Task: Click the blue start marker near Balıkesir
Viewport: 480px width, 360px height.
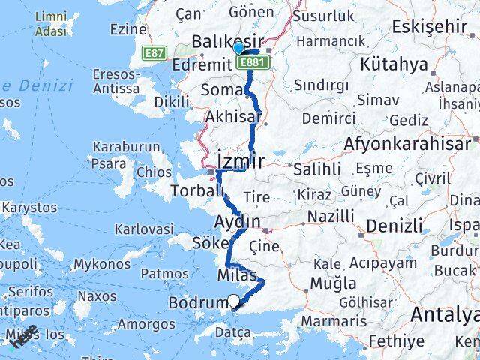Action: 238,49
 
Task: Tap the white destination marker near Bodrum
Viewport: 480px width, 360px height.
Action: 234,301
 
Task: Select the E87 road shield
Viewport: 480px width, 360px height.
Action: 155,53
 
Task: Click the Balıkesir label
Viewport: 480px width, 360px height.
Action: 216,40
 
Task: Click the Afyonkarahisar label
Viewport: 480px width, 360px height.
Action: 408,143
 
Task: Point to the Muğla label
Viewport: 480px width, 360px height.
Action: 335,283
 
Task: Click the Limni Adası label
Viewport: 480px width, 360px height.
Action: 49,24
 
